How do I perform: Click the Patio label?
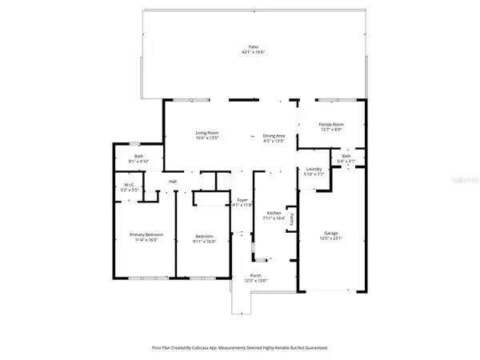pyautogui.click(x=253, y=47)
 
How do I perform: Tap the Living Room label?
pyautogui.click(x=207, y=133)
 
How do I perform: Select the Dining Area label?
pyautogui.click(x=274, y=135)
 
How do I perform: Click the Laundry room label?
pyautogui.click(x=314, y=169)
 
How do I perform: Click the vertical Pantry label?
pyautogui.click(x=293, y=218)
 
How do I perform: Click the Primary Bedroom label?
pyautogui.click(x=145, y=234)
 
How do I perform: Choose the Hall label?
pyautogui.click(x=173, y=182)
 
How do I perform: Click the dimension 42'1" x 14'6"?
pyautogui.click(x=253, y=52)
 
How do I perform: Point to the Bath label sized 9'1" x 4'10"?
pyautogui.click(x=138, y=161)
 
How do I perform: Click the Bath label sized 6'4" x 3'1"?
pyautogui.click(x=346, y=161)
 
